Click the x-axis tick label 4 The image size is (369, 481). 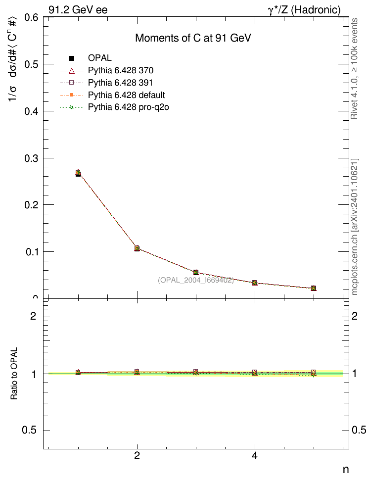[x=255, y=456]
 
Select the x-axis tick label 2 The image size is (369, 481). [x=137, y=456]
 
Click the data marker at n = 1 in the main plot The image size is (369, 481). [x=78, y=173]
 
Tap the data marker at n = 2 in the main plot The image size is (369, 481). [x=137, y=248]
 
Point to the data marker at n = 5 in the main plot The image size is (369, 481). [x=313, y=288]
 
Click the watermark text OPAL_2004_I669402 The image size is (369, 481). [x=195, y=280]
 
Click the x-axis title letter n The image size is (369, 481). [x=346, y=469]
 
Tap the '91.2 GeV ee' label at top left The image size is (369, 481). [x=78, y=9]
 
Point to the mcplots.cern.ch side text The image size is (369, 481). [x=355, y=228]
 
